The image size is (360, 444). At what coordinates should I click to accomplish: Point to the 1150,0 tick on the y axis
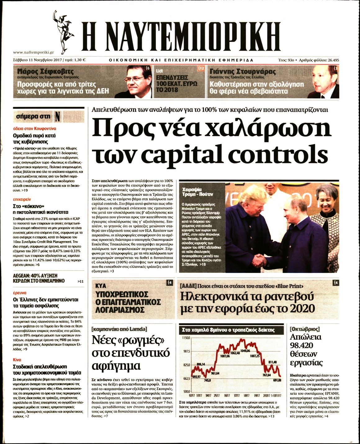tap(186, 338)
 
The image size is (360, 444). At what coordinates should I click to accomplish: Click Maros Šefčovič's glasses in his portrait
tap(136, 78)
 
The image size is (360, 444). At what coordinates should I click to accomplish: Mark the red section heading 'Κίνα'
tap(17, 360)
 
